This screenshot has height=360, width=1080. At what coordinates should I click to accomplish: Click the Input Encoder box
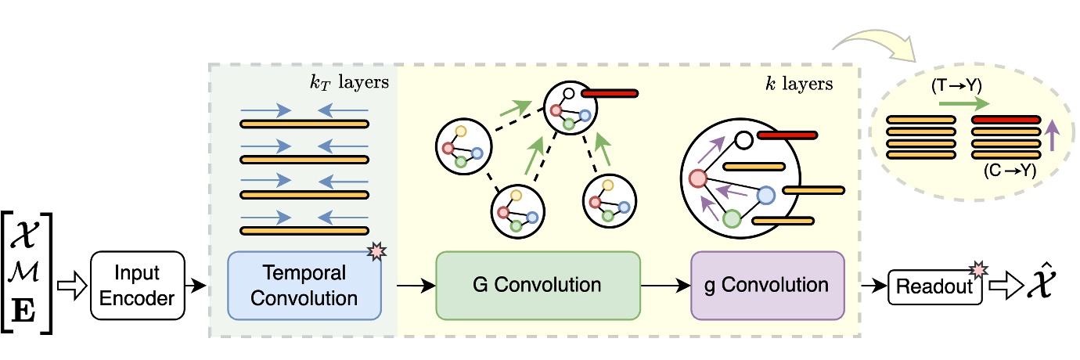pyautogui.click(x=138, y=286)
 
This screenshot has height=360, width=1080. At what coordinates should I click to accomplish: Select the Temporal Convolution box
pyautogui.click(x=304, y=286)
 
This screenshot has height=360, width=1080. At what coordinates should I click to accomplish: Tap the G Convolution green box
pyautogui.click(x=538, y=286)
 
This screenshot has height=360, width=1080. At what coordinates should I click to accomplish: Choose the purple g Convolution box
pyautogui.click(x=768, y=286)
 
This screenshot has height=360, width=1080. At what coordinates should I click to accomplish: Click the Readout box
pyautogui.click(x=934, y=286)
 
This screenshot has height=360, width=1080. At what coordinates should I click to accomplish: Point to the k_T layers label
pyautogui.click(x=349, y=82)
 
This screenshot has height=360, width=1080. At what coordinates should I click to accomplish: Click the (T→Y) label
pyautogui.click(x=956, y=86)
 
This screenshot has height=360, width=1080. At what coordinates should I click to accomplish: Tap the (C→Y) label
pyautogui.click(x=1010, y=170)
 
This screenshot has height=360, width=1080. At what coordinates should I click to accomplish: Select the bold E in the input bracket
pyautogui.click(x=23, y=311)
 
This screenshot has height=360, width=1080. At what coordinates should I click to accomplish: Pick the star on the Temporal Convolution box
pyautogui.click(x=376, y=251)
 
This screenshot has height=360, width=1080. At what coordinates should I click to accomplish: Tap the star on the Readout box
pyautogui.click(x=978, y=270)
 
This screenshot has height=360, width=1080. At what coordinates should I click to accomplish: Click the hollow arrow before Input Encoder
pyautogui.click(x=72, y=286)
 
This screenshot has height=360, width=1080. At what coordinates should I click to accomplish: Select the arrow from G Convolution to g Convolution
pyautogui.click(x=666, y=286)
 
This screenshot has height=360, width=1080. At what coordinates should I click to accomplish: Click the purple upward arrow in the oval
pyautogui.click(x=1052, y=135)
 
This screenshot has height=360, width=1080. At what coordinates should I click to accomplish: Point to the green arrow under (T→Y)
pyautogui.click(x=964, y=103)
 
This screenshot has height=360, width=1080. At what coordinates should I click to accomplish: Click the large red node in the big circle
pyautogui.click(x=697, y=178)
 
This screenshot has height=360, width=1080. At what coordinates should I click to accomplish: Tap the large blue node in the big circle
pyautogui.click(x=765, y=195)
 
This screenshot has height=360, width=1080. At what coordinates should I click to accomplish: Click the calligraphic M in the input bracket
pyautogui.click(x=23, y=272)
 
